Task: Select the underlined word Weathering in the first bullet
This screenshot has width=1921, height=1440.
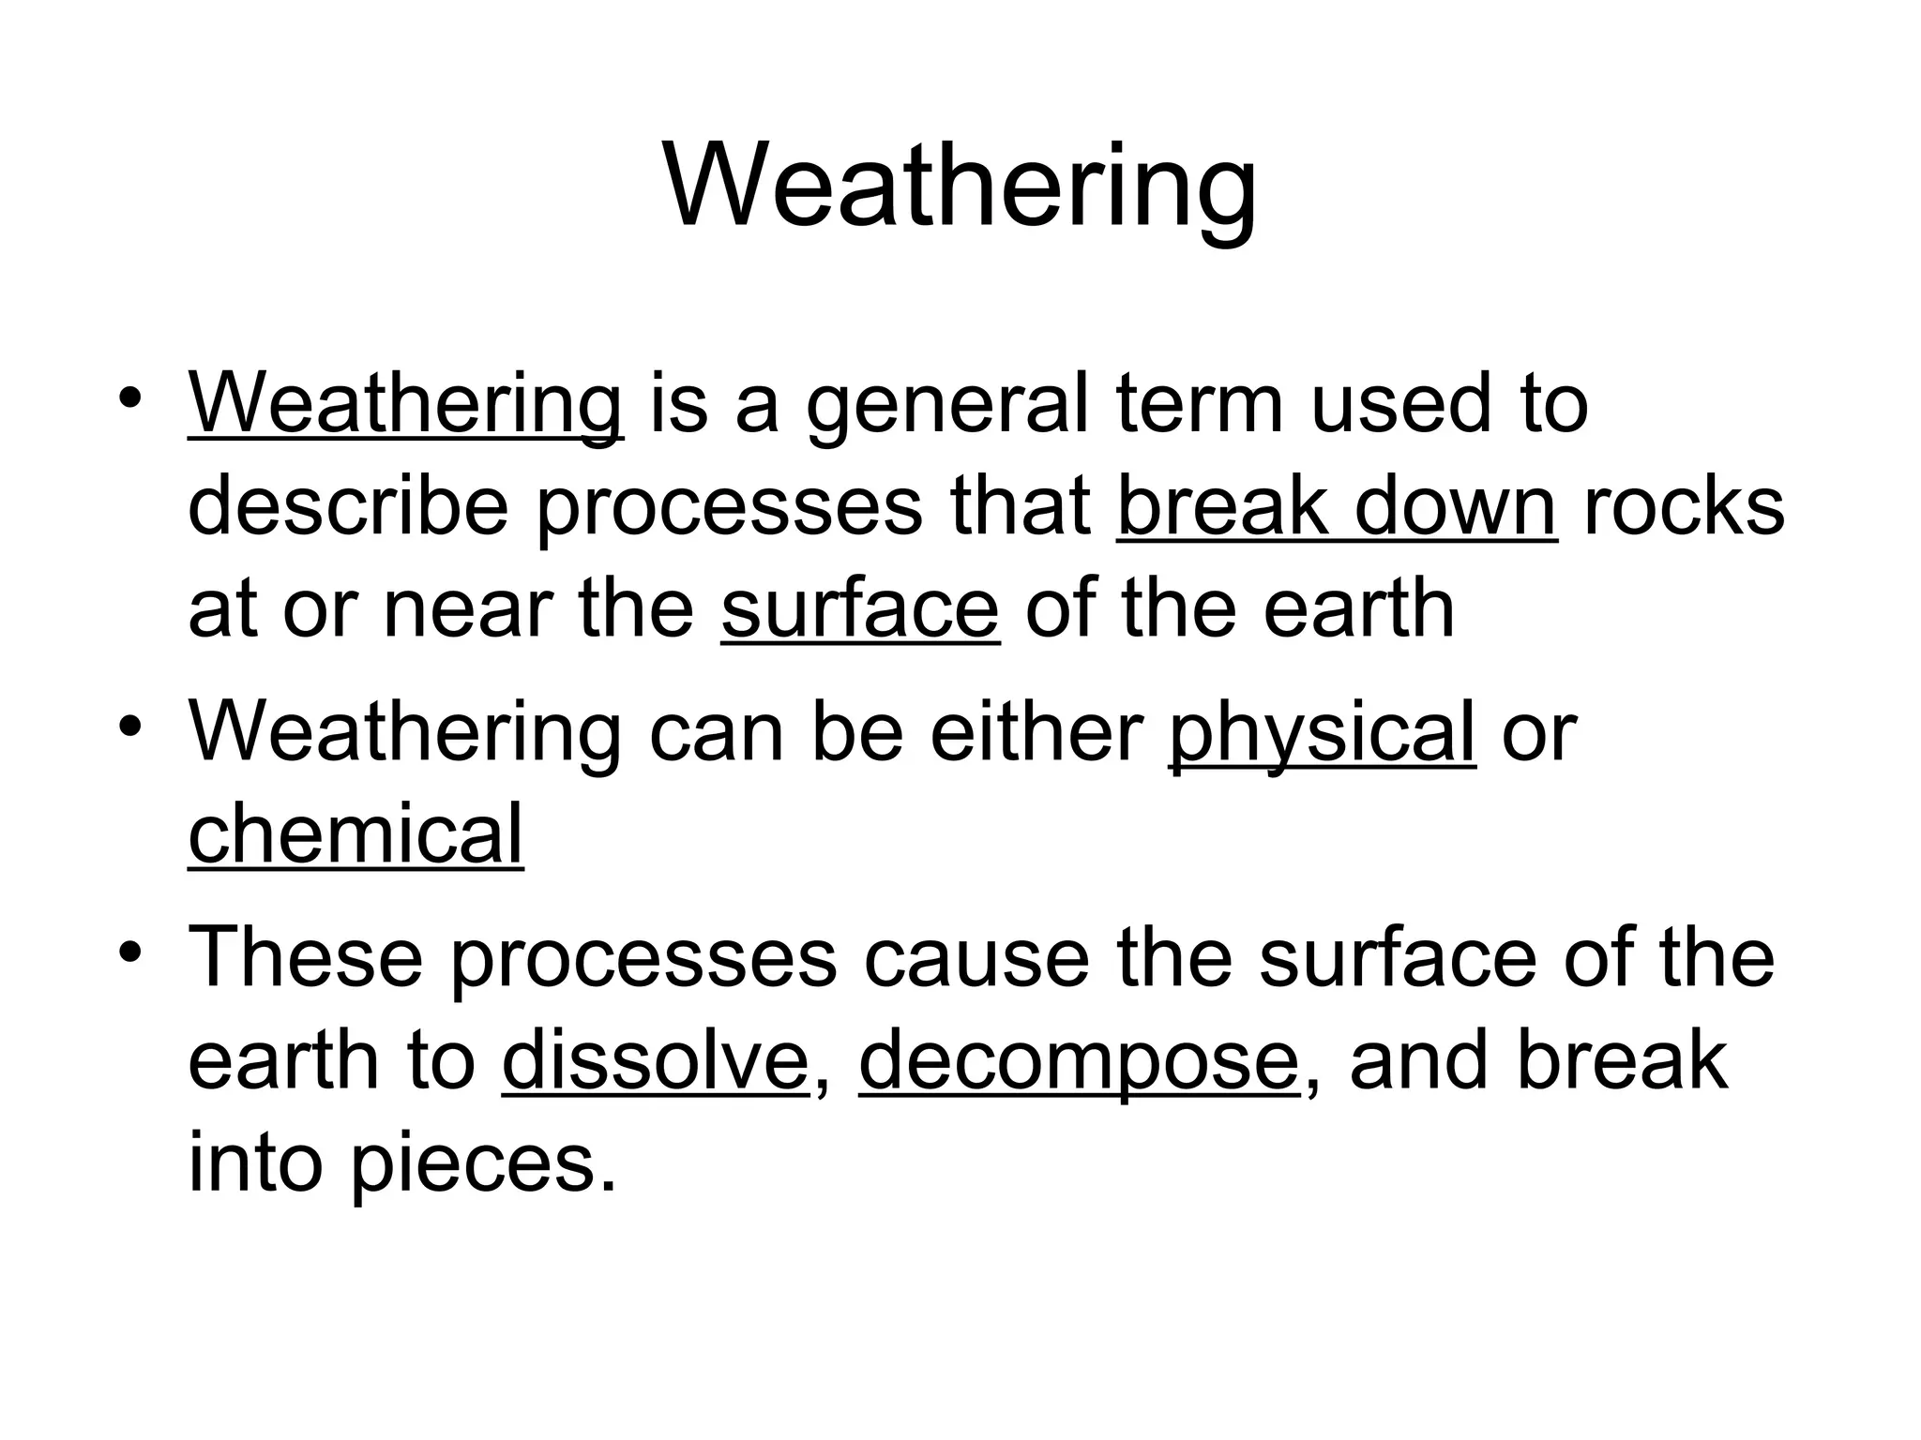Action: (x=404, y=405)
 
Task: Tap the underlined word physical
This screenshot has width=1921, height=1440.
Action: (x=1322, y=732)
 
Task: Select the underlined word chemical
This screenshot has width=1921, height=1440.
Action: (x=355, y=833)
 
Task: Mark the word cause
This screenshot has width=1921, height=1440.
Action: (x=976, y=957)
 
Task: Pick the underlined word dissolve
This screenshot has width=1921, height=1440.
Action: (x=656, y=1060)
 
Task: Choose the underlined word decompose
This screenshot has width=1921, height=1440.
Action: (x=1079, y=1060)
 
